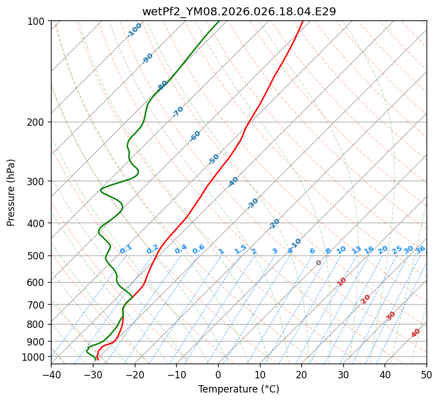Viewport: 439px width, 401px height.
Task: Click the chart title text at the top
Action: tap(238, 11)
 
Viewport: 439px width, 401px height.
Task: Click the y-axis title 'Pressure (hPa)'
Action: tap(11, 193)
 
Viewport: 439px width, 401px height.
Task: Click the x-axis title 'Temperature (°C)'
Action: tap(238, 389)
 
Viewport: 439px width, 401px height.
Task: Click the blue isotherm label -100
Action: tap(134, 30)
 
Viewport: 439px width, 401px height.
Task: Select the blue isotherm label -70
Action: tap(178, 112)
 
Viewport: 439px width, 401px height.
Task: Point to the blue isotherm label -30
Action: tap(253, 203)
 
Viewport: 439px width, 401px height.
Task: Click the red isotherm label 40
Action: tap(416, 333)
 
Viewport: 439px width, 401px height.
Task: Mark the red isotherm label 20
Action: tap(366, 299)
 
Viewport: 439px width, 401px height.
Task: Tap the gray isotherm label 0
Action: tap(319, 263)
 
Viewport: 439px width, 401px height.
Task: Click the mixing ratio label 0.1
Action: tap(126, 249)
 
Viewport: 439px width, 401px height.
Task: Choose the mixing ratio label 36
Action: tap(420, 249)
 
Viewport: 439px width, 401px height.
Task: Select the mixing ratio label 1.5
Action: tap(240, 249)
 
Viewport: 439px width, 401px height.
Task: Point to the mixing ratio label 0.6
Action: tap(198, 249)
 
